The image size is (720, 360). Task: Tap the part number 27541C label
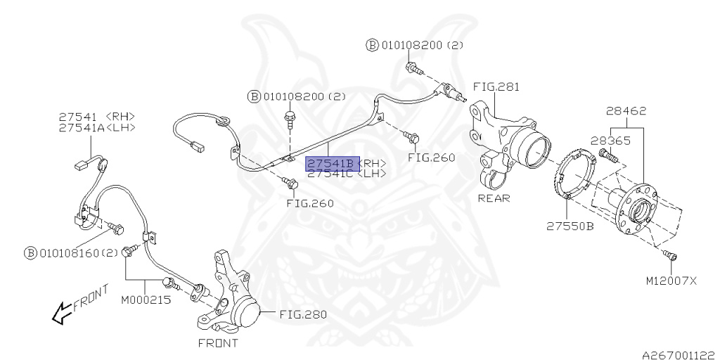330,174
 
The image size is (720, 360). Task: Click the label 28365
610,140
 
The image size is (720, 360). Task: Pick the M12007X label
671,281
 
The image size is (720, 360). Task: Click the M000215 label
146,300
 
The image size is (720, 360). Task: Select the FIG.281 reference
496,87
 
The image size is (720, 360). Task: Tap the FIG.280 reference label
303,314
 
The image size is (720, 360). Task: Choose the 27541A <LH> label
96,127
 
